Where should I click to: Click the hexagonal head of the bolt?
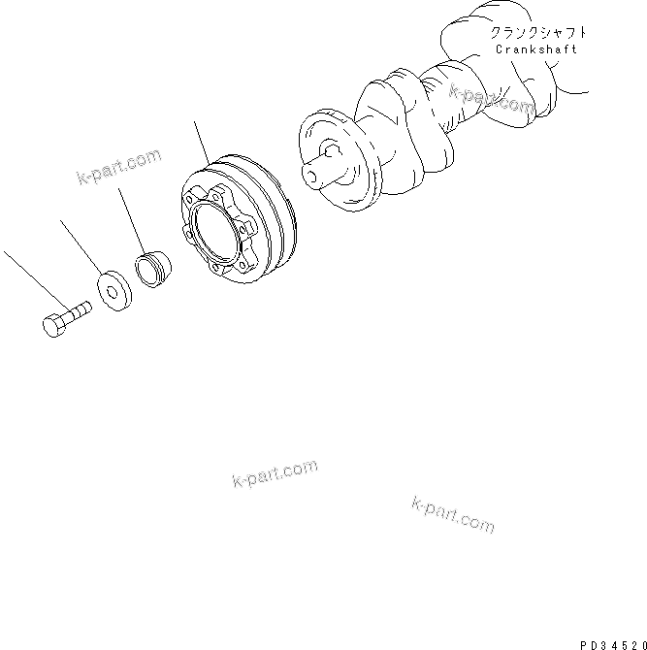(x=55, y=324)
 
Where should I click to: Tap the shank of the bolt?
(x=78, y=310)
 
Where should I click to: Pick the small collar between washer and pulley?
(x=150, y=269)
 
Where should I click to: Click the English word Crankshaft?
(x=535, y=49)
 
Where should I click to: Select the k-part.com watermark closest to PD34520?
(x=453, y=514)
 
